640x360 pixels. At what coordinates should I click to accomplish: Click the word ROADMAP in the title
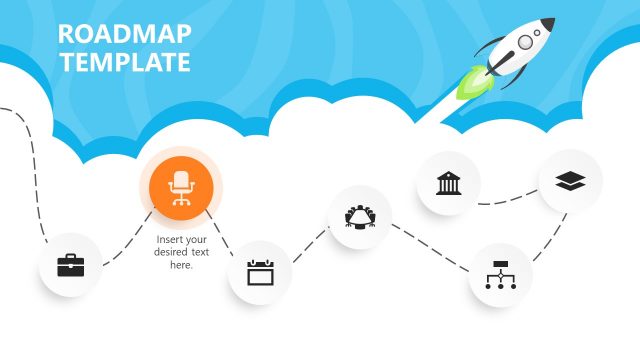pyautogui.click(x=125, y=35)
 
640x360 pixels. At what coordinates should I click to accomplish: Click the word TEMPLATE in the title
pyautogui.click(x=125, y=62)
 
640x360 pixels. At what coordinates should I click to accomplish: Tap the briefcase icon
pyautogui.click(x=70, y=266)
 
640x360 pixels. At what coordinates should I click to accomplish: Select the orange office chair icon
pyautogui.click(x=181, y=187)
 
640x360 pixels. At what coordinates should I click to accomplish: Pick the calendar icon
pyautogui.click(x=260, y=272)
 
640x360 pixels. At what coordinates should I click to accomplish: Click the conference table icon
pyautogui.click(x=360, y=216)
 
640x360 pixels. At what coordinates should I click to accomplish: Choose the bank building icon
pyautogui.click(x=448, y=183)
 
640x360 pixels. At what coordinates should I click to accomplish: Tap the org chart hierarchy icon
pyautogui.click(x=500, y=274)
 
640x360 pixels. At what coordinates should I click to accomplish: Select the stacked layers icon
pyautogui.click(x=571, y=181)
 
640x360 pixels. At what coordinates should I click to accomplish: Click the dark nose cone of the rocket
pyautogui.click(x=547, y=23)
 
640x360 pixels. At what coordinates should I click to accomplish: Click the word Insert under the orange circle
pyautogui.click(x=169, y=239)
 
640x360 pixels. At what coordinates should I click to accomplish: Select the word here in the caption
pyautogui.click(x=181, y=265)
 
